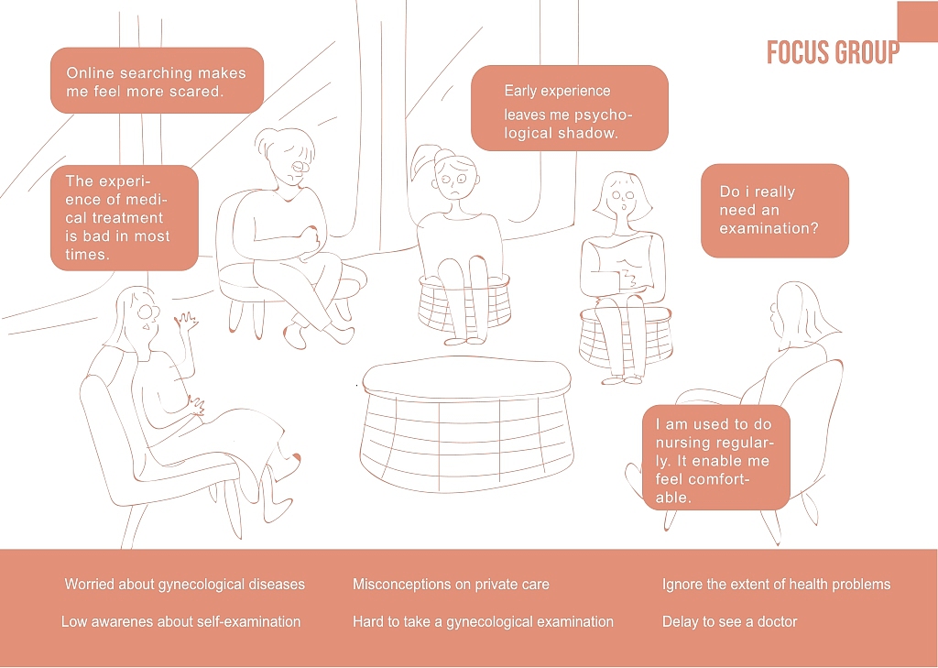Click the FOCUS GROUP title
click(833, 52)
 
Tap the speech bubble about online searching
click(157, 81)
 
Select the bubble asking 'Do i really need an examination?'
click(775, 211)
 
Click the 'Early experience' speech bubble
click(570, 108)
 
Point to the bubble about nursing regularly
click(716, 457)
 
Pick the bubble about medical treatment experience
click(125, 218)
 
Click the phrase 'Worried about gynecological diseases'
click(185, 585)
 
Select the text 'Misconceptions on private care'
click(451, 585)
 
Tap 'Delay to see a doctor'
click(730, 621)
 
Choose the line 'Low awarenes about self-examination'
click(180, 621)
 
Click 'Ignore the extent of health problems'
click(777, 585)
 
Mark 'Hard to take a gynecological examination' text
click(484, 622)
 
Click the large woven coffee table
click(466, 425)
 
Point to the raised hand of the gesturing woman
click(186, 323)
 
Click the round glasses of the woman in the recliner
click(147, 312)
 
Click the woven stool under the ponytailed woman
click(464, 302)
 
